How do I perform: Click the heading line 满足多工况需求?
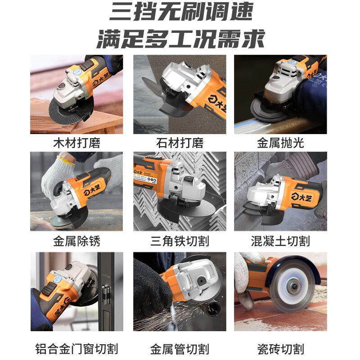click(180, 40)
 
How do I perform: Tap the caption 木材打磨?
click(76, 144)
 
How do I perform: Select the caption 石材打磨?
click(180, 144)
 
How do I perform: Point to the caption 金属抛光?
click(280, 144)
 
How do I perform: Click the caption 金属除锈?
click(76, 241)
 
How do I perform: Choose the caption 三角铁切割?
click(180, 241)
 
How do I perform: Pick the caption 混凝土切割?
click(280, 241)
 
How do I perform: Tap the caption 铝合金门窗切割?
click(76, 348)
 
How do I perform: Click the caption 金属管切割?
click(180, 348)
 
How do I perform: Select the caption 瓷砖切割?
click(280, 348)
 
